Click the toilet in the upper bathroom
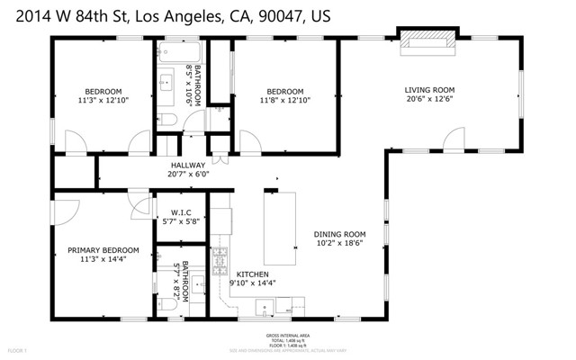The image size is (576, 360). [168, 120]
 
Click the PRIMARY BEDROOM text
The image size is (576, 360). [103, 250]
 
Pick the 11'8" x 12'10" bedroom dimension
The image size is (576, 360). [284, 102]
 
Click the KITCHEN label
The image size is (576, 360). [254, 274]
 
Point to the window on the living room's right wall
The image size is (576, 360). [520, 90]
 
